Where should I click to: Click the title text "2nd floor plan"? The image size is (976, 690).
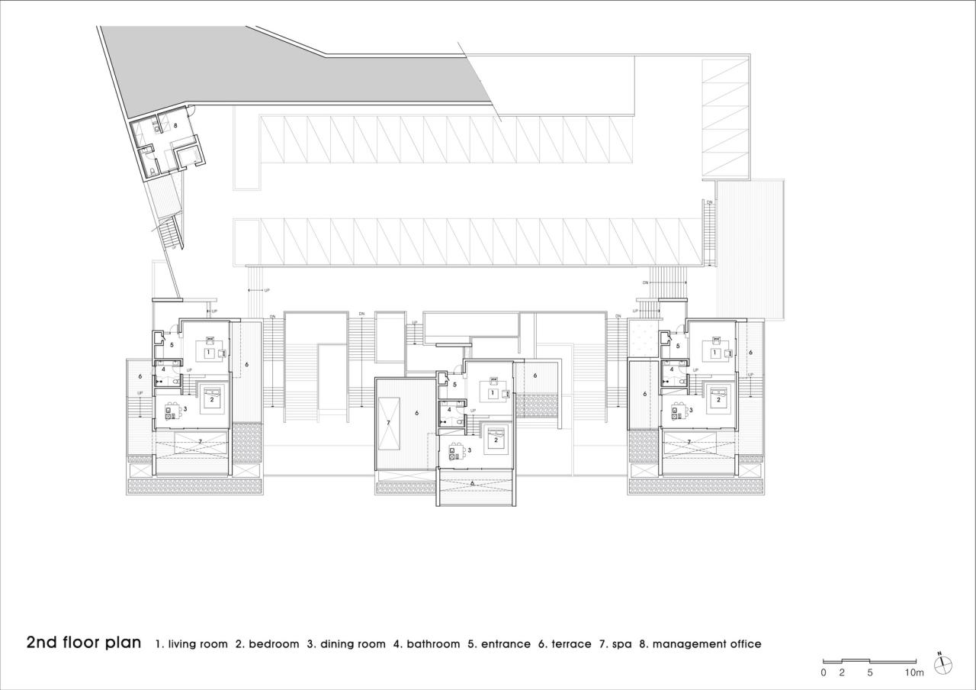pos(84,642)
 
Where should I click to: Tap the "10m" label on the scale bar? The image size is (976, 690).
pos(914,672)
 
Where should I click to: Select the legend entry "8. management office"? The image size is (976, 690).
pos(700,644)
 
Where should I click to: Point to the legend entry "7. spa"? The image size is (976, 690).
pos(615,644)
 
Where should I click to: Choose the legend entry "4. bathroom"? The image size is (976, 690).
pos(426,644)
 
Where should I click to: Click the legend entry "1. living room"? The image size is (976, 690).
pos(191,644)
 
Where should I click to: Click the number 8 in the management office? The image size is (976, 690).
pos(175,124)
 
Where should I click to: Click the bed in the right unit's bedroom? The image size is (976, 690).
pos(718,397)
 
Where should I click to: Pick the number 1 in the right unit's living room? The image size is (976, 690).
pos(714,353)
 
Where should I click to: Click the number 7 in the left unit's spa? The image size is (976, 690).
pos(200,441)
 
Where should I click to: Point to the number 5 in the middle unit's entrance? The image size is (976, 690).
pos(454,385)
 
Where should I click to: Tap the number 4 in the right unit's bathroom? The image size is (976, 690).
pos(671,369)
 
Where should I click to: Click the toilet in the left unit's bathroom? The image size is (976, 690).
pos(175,380)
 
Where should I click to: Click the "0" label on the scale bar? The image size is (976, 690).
pos(823,672)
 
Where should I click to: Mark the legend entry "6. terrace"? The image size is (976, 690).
pos(564,644)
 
